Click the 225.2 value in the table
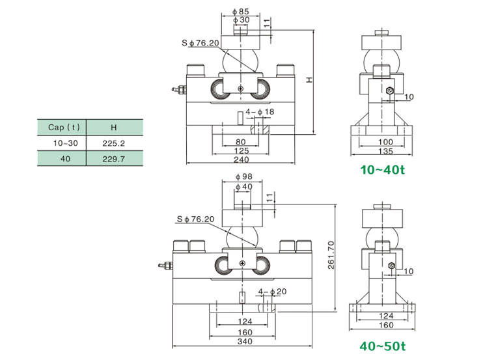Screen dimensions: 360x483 (113, 142)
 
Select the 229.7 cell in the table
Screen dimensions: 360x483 (113, 158)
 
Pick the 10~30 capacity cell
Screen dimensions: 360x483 (62, 142)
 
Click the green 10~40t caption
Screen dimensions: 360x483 (383, 170)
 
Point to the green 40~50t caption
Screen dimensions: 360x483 (383, 346)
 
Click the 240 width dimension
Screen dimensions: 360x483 (241, 159)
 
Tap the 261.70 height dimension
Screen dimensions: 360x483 (331, 256)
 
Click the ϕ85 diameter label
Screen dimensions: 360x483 (240, 12)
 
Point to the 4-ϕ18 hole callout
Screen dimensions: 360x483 (260, 112)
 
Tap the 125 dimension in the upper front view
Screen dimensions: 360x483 (241, 150)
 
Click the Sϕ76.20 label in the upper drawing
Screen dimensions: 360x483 (200, 43)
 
